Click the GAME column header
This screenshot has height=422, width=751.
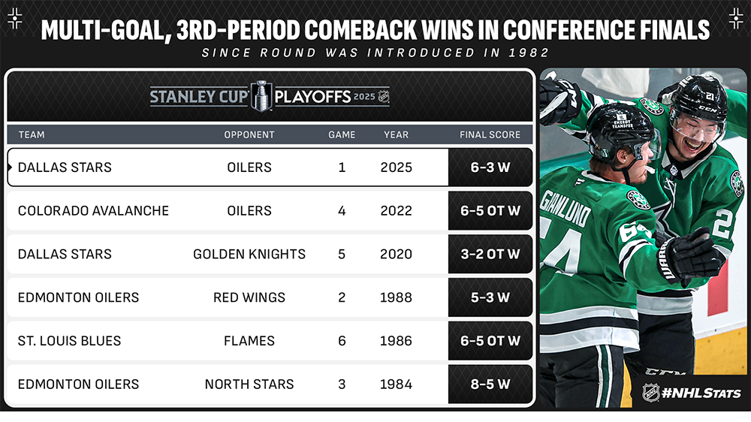pyautogui.click(x=342, y=135)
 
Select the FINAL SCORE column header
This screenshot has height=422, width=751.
pyautogui.click(x=490, y=135)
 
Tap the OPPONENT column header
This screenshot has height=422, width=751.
pyautogui.click(x=249, y=135)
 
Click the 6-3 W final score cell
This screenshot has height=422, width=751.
pyautogui.click(x=490, y=167)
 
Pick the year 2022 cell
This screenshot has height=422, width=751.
pyautogui.click(x=396, y=211)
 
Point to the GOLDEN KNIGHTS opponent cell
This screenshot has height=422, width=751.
pyautogui.click(x=249, y=254)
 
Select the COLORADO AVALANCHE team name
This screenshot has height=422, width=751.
pyautogui.click(x=93, y=211)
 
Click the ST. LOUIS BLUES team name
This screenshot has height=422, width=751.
pyautogui.click(x=69, y=341)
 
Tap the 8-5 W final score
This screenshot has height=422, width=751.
pyautogui.click(x=490, y=384)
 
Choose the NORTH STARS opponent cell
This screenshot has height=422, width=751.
pyautogui.click(x=249, y=384)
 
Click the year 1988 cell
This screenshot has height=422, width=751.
pyautogui.click(x=396, y=297)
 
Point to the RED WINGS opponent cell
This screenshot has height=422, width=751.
pyautogui.click(x=249, y=297)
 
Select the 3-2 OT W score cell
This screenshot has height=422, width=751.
pyautogui.click(x=490, y=254)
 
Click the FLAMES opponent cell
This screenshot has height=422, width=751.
pyautogui.click(x=249, y=341)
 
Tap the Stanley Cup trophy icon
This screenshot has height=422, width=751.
pyautogui.click(x=261, y=96)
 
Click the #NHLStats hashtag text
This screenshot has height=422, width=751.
pyautogui.click(x=701, y=393)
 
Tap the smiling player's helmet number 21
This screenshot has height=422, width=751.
pyautogui.click(x=710, y=97)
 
